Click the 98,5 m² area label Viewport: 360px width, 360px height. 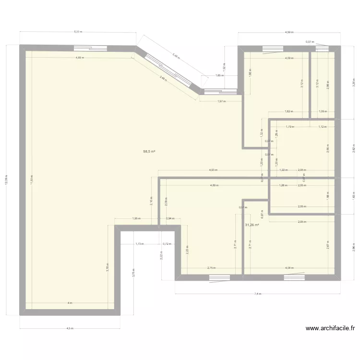click(x=149, y=151)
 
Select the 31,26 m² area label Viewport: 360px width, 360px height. click(x=252, y=225)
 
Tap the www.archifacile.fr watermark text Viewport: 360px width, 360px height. click(x=330, y=329)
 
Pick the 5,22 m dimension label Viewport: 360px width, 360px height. click(x=78, y=32)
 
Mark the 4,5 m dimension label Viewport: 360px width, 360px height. click(x=70, y=328)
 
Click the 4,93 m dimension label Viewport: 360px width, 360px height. click(x=213, y=170)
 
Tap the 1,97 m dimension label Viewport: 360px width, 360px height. click(x=221, y=101)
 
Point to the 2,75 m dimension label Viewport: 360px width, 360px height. click(x=211, y=268)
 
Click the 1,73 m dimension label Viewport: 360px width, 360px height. click(x=139, y=244)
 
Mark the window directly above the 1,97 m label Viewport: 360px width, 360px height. click(x=220, y=91)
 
